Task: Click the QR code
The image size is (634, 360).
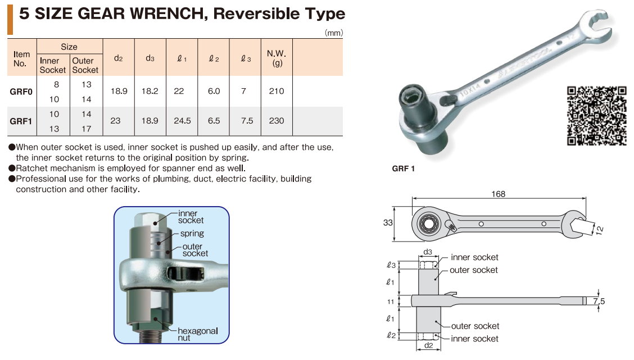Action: pyautogui.click(x=597, y=116)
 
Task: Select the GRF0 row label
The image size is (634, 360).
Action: pyautogui.click(x=21, y=92)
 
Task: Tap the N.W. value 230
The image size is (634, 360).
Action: pyautogui.click(x=277, y=121)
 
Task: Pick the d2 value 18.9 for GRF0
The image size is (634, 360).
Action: pyautogui.click(x=119, y=92)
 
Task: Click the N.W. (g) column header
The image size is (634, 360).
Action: pyautogui.click(x=277, y=58)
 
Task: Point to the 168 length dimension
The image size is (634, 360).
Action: pyautogui.click(x=498, y=194)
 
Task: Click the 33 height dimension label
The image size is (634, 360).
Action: pyautogui.click(x=388, y=222)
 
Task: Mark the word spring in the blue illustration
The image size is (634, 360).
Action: pyautogui.click(x=192, y=234)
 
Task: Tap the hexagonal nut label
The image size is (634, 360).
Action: pyautogui.click(x=198, y=334)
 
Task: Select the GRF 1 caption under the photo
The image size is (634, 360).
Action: pyautogui.click(x=403, y=168)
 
